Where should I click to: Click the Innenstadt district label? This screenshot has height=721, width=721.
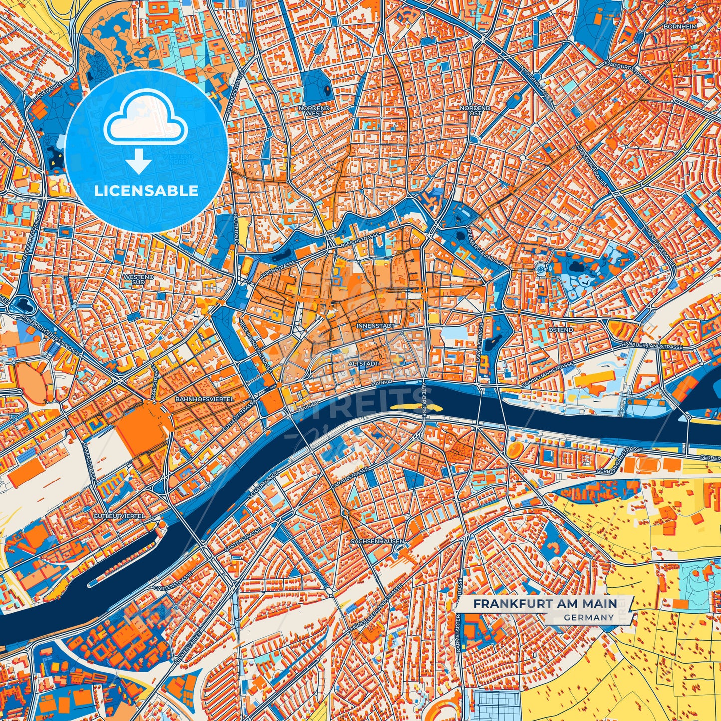point(376,325)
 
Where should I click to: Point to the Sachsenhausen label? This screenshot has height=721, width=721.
point(377,541)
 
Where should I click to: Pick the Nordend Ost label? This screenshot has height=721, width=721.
point(475,110)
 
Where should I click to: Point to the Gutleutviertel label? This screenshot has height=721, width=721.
point(120,515)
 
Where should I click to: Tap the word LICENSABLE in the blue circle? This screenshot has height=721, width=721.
point(146,191)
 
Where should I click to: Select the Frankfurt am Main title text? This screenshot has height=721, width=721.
point(545,603)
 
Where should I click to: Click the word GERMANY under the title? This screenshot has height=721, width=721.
point(589,617)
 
